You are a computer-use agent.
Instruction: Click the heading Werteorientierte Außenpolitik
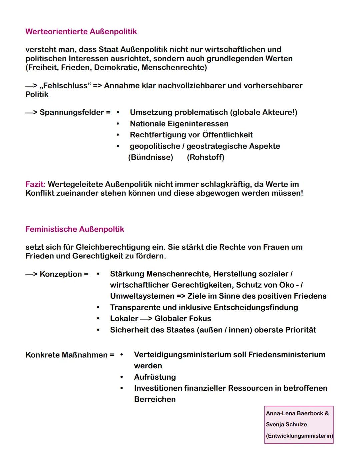(81, 32)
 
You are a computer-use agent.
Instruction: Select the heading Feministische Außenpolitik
(75, 229)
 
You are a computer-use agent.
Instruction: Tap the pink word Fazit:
(35, 184)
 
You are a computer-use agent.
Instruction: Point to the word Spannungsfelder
(72, 112)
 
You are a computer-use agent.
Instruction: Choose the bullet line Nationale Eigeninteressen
(179, 124)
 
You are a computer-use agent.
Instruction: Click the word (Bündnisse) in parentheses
(151, 157)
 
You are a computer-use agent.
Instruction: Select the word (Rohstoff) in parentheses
(206, 157)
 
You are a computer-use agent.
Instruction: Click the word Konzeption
(61, 274)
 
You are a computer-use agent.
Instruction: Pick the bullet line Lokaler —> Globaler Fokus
(160, 319)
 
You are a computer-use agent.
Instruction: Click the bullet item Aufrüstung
(155, 377)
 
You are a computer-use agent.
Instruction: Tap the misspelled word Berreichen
(155, 399)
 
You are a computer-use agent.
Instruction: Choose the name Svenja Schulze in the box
(286, 425)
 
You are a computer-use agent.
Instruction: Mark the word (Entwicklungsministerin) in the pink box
(299, 436)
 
